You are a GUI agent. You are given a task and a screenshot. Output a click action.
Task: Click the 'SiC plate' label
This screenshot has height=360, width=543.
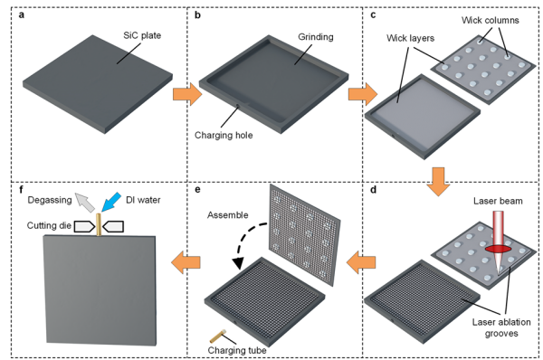[x=142, y=35]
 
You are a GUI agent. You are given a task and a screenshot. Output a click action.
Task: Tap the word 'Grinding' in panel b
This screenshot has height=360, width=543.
[x=316, y=37]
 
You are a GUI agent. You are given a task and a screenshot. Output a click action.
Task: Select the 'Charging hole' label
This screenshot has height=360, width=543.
[x=224, y=135]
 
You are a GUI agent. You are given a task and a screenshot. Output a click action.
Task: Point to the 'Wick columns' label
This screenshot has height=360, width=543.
[x=490, y=21]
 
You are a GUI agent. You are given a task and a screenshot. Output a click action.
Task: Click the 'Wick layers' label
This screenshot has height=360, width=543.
[x=410, y=38]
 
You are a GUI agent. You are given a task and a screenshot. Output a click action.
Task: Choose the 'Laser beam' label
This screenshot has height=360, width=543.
[x=498, y=201]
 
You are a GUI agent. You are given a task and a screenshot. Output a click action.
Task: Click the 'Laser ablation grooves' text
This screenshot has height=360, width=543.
[x=501, y=327]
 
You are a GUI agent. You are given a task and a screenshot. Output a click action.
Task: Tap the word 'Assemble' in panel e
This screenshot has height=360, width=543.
[x=228, y=215]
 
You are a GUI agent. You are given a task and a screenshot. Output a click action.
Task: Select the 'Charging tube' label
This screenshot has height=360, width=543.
[x=237, y=350]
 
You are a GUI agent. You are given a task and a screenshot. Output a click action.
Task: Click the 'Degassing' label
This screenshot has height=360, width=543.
[x=50, y=200]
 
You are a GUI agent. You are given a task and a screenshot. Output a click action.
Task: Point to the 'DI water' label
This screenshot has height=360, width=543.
[x=143, y=200]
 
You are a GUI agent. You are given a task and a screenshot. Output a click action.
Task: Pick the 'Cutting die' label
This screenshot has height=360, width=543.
[x=49, y=226]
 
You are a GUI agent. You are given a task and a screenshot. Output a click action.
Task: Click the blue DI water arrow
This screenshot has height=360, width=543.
[x=110, y=202]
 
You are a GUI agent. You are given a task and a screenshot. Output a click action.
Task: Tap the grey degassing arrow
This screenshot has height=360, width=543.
[x=85, y=203]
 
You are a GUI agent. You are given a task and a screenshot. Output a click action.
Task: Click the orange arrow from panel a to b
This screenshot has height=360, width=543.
[x=187, y=94]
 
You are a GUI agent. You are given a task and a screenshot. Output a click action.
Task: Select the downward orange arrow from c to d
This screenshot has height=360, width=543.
[x=438, y=182]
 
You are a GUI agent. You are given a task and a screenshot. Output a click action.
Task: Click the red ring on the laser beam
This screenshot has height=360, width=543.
[x=499, y=249]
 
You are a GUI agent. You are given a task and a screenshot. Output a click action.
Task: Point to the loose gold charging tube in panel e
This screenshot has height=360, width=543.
[x=218, y=336]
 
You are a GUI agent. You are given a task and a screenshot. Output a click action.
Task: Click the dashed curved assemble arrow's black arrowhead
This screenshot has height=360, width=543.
[x=237, y=264]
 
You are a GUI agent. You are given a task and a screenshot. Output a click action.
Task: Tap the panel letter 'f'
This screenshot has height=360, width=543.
[x=22, y=189]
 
